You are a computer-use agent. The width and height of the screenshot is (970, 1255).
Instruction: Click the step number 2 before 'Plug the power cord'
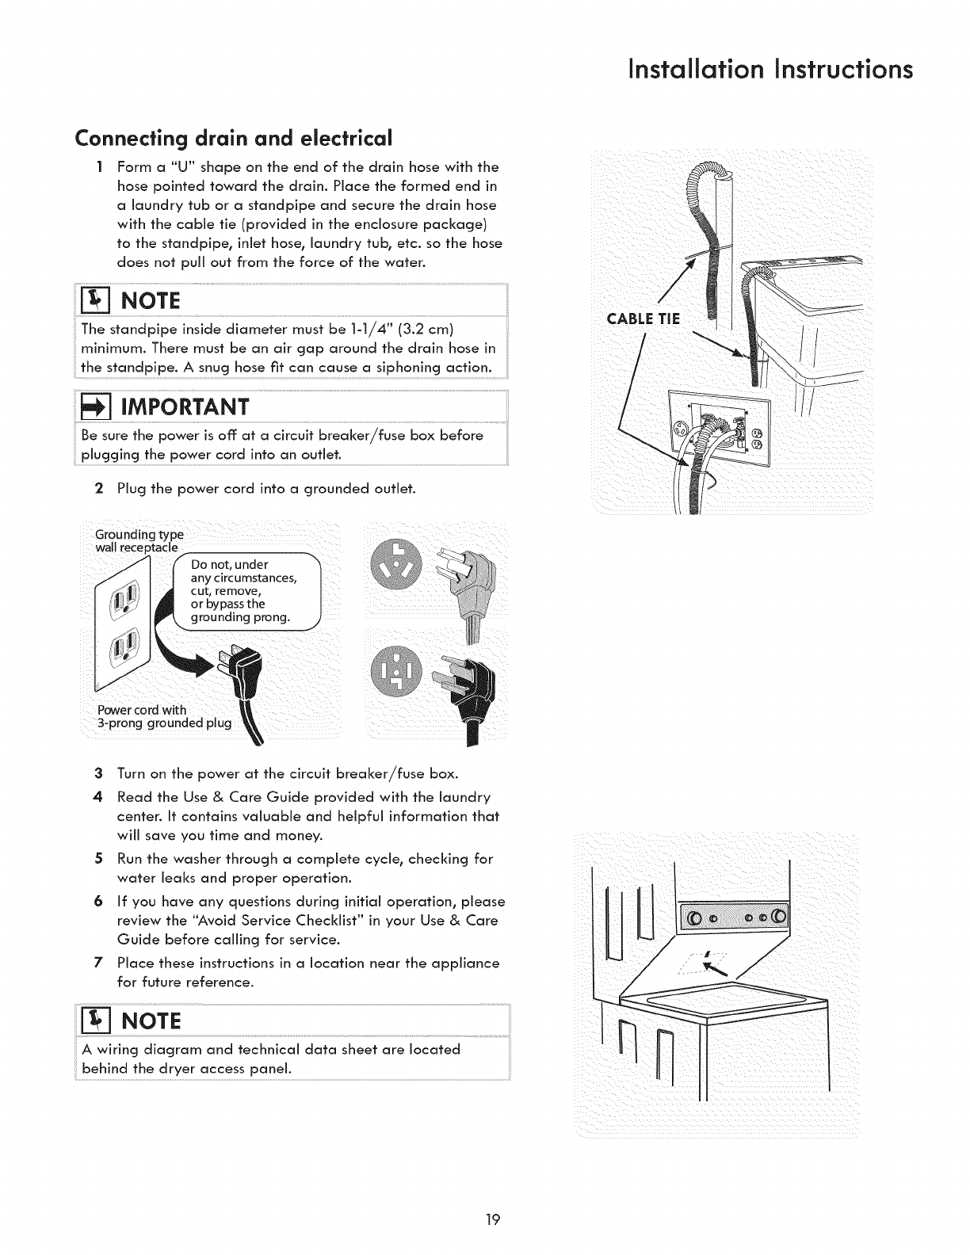[x=98, y=488]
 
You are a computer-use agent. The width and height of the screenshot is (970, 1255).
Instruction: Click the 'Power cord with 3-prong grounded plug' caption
[x=163, y=716]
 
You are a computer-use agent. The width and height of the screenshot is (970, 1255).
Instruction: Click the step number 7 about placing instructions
[x=98, y=963]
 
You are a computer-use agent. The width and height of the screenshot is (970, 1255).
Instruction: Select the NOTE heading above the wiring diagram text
[x=151, y=1020]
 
